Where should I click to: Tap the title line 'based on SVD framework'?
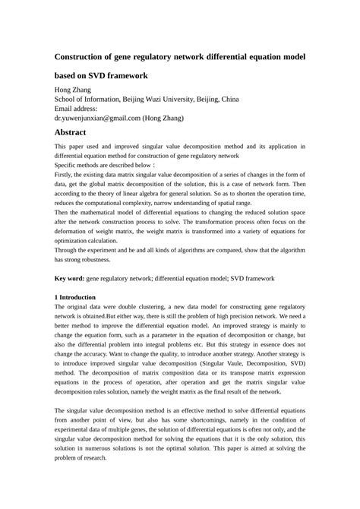[101, 76]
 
